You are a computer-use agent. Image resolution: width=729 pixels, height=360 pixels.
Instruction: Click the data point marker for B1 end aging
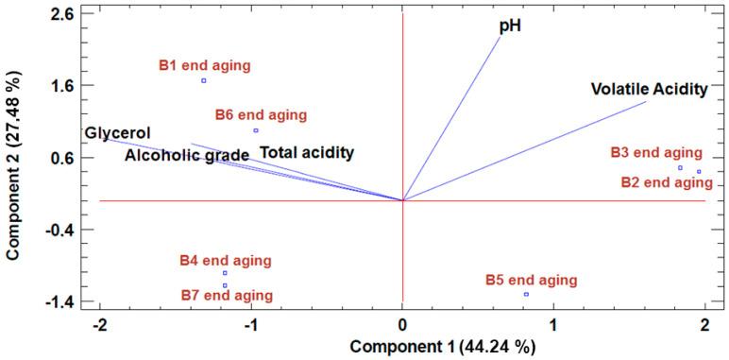(203, 80)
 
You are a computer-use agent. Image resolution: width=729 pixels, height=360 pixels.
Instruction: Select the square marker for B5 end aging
(526, 295)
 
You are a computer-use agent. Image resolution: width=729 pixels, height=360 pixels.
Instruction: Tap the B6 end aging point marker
(256, 130)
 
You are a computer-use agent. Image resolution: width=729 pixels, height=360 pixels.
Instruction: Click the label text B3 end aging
(655, 152)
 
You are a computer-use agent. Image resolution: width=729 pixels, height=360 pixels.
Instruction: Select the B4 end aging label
(225, 260)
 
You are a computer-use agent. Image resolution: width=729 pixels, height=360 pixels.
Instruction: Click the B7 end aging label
(227, 296)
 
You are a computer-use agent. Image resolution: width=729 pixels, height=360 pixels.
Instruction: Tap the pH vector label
(511, 26)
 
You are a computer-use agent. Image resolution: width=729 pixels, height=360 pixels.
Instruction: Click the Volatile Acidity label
(649, 90)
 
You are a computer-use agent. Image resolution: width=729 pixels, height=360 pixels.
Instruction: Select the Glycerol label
(118, 132)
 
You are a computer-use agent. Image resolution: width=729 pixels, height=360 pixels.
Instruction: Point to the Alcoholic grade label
(187, 155)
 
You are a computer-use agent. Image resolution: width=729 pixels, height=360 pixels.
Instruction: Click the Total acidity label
(307, 152)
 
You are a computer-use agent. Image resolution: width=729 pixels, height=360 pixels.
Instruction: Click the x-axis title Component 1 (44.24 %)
(443, 346)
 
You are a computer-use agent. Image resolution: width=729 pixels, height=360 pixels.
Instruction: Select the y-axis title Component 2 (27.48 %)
(15, 165)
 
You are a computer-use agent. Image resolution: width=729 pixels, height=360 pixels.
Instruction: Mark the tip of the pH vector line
(501, 35)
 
